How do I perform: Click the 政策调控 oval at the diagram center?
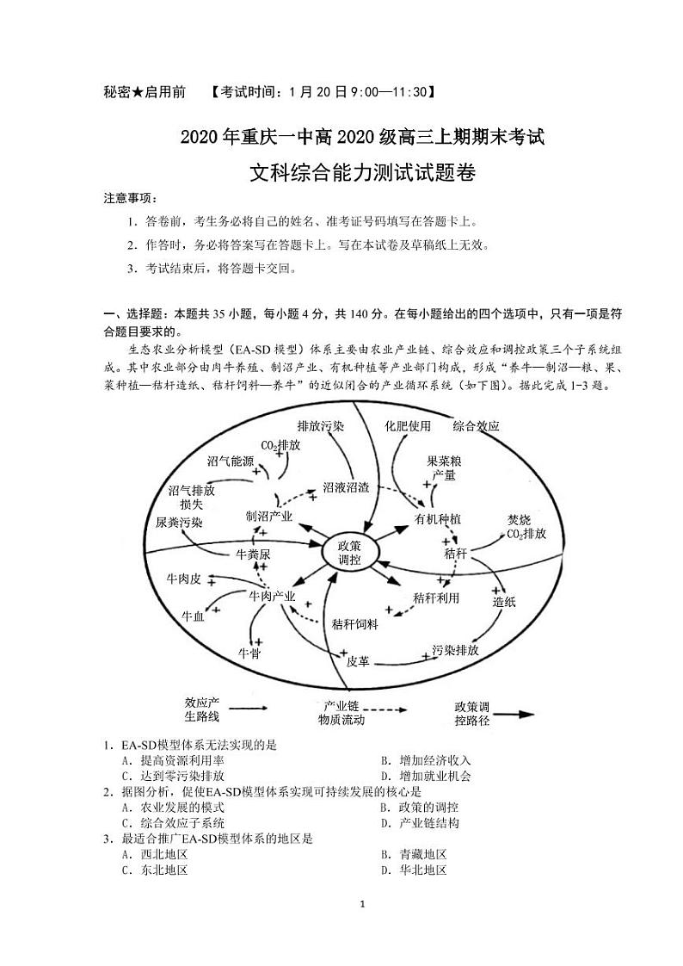350,553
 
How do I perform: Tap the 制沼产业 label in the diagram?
269,517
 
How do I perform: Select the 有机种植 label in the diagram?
438,519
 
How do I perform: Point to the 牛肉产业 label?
272,596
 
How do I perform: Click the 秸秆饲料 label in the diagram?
355,624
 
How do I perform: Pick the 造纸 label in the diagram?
504,602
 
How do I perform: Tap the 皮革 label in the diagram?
358,661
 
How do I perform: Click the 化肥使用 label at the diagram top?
408,425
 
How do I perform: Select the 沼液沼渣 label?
346,486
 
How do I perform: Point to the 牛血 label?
193,616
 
